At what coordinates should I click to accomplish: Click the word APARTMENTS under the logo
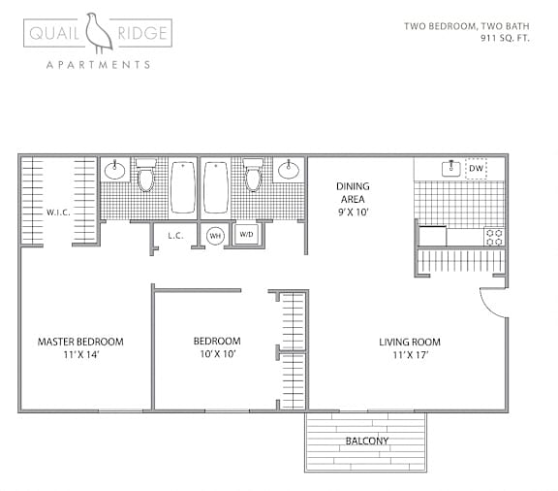tap(99, 65)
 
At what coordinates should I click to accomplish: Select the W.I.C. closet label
tap(58, 211)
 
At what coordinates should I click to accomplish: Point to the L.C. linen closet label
tap(175, 235)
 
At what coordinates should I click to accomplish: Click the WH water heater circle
tap(215, 235)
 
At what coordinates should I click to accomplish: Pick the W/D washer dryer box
tap(246, 235)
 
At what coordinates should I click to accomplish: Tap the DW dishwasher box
tap(475, 169)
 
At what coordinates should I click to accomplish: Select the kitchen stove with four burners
tap(494, 235)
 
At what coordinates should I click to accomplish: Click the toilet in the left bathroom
tap(146, 177)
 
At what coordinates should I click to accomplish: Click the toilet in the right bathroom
tap(254, 177)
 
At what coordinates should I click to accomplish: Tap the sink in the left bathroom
tap(115, 171)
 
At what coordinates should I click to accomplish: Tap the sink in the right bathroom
tap(288, 171)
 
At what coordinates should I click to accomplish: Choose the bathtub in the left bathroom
tap(183, 186)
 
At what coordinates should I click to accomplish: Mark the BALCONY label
tap(366, 442)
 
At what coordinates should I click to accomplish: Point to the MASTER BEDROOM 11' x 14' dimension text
tap(80, 355)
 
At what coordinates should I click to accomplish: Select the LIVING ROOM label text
tap(409, 342)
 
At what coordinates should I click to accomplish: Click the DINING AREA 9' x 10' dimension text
tap(353, 211)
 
